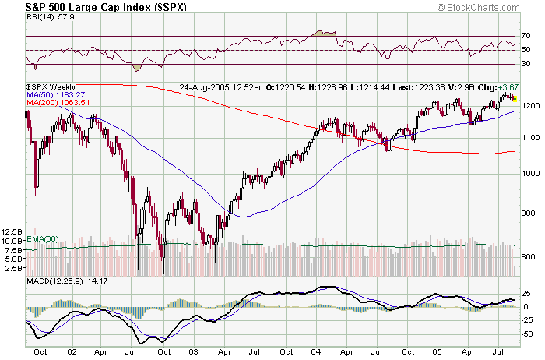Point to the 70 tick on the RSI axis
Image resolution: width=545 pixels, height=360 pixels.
[526, 36]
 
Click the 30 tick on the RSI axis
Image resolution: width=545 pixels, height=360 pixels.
[526, 64]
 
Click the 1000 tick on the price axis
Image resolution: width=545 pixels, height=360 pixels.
[529, 174]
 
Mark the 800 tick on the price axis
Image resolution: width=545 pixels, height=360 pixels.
[528, 256]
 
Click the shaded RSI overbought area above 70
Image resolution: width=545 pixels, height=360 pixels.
[322, 34]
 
